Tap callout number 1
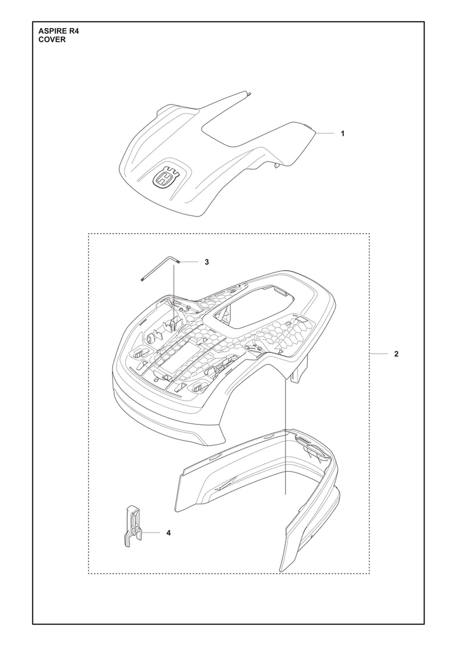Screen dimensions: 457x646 click(x=342, y=134)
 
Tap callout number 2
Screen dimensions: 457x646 click(x=396, y=354)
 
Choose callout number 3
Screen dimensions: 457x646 click(x=207, y=262)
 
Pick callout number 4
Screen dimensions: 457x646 click(x=168, y=533)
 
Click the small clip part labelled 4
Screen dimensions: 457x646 click(x=133, y=527)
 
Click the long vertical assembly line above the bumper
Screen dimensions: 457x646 click(x=285, y=437)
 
